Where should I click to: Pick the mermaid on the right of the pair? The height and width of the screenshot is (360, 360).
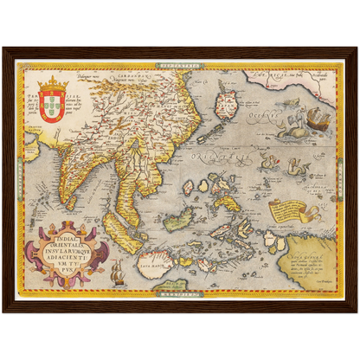click(299, 165)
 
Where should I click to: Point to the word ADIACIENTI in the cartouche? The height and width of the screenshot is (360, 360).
click(73, 245)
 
